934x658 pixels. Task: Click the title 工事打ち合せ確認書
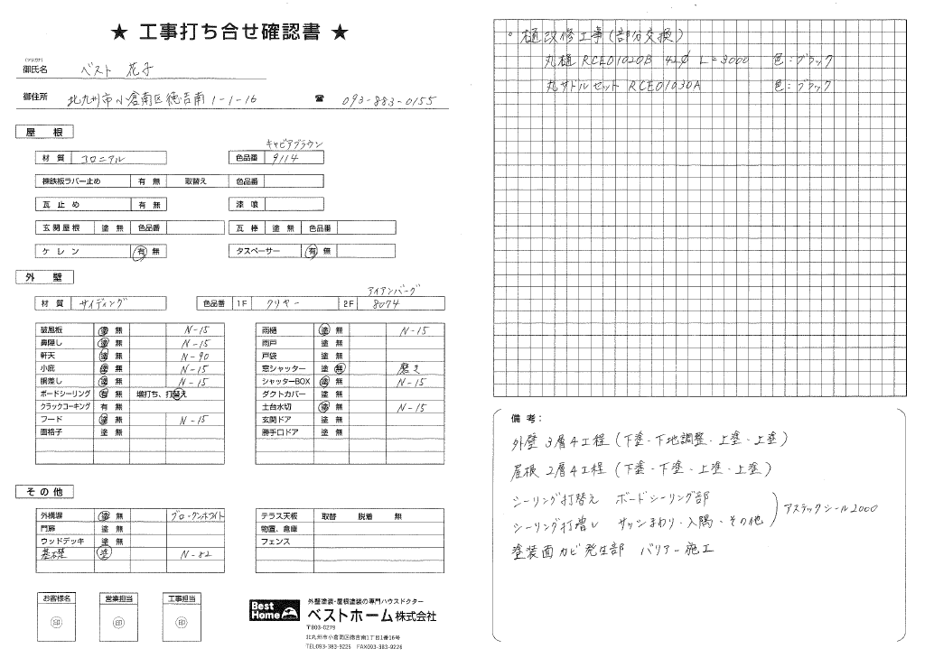(229, 33)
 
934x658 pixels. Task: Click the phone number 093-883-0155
(389, 100)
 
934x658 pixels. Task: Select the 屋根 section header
(44, 133)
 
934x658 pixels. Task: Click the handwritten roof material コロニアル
(106, 158)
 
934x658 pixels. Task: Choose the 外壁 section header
(44, 277)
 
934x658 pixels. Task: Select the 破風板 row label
(51, 329)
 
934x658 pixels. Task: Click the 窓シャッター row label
(282, 369)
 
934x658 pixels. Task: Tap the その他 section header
(44, 491)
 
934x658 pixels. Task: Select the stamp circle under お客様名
(55, 622)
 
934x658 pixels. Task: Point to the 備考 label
(523, 419)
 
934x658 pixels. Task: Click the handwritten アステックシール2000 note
(832, 508)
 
